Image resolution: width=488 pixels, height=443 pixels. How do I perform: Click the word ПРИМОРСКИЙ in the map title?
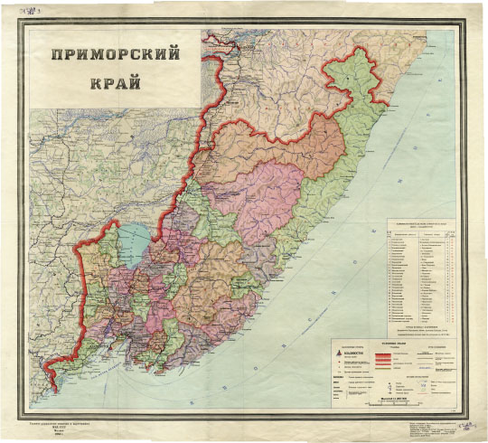pyautogui.click(x=113, y=54)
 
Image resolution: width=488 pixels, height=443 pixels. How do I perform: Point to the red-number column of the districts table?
pyautogui.click(x=448, y=271)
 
